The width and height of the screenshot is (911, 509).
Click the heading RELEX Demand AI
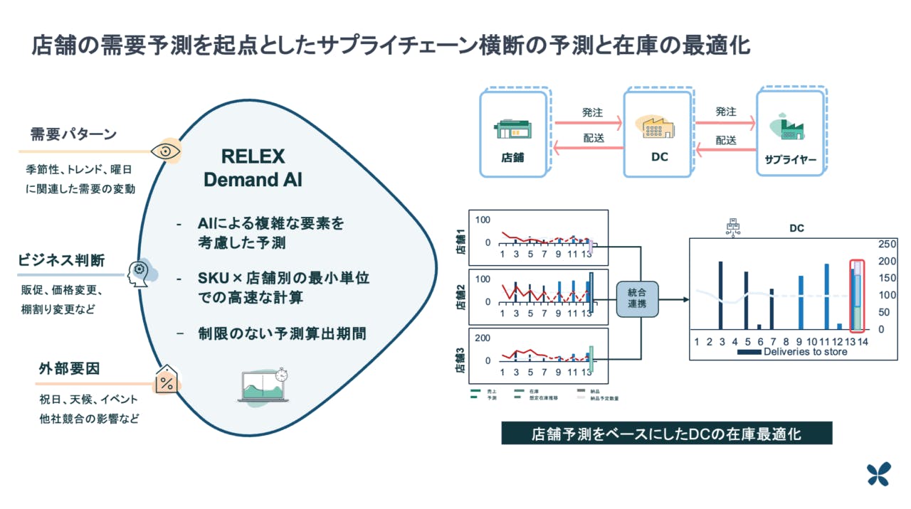[x=253, y=168]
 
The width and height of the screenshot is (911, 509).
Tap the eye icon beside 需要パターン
[x=167, y=151]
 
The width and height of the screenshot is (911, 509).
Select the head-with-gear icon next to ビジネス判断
[x=138, y=271]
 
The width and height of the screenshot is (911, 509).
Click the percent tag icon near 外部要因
[x=167, y=381]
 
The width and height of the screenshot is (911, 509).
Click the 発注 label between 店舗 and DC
[x=592, y=112]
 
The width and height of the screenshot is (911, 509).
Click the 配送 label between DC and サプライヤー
[x=726, y=140]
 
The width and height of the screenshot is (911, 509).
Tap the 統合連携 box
[x=637, y=299]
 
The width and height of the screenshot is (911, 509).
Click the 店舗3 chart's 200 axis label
[x=483, y=338]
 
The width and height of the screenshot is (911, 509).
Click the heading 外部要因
[x=70, y=368]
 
